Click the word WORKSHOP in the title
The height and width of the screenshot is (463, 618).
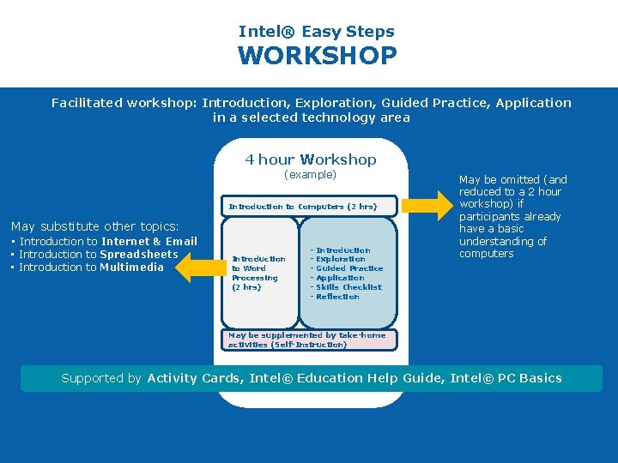(317, 57)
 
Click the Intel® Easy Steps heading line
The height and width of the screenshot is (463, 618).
(317, 32)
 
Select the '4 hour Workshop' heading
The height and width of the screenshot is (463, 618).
(311, 159)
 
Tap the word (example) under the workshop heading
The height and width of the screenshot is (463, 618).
(311, 175)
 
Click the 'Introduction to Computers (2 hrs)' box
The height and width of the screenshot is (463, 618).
(302, 207)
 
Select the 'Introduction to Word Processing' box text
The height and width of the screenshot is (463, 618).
(257, 273)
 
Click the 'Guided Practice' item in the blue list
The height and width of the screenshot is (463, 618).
(348, 268)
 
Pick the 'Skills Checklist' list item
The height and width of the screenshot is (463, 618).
(348, 287)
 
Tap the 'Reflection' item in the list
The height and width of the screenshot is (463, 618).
(337, 297)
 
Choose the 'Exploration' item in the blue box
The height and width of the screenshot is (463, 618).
(340, 259)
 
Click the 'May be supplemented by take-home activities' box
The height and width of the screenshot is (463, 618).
(307, 340)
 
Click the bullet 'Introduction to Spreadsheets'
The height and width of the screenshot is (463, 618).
(98, 255)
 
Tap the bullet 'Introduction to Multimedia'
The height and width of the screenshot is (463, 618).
(91, 268)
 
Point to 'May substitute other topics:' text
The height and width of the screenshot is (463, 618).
(94, 226)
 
